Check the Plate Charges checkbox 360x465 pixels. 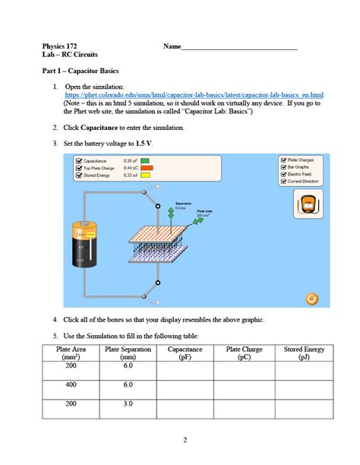pos(283,160)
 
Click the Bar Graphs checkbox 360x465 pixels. pos(283,167)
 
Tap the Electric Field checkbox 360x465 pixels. pos(283,174)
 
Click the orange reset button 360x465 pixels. pos(311,299)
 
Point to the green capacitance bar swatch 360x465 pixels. pos(144,161)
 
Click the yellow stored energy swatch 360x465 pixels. pos(144,175)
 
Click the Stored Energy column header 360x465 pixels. pos(304,353)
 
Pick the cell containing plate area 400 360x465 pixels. pos(72,384)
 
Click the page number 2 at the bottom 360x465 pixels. pos(185,441)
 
